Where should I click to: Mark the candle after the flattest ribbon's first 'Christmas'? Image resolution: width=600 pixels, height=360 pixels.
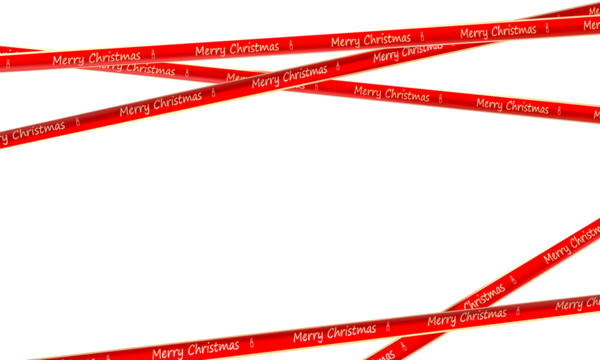click(x=292, y=44)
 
